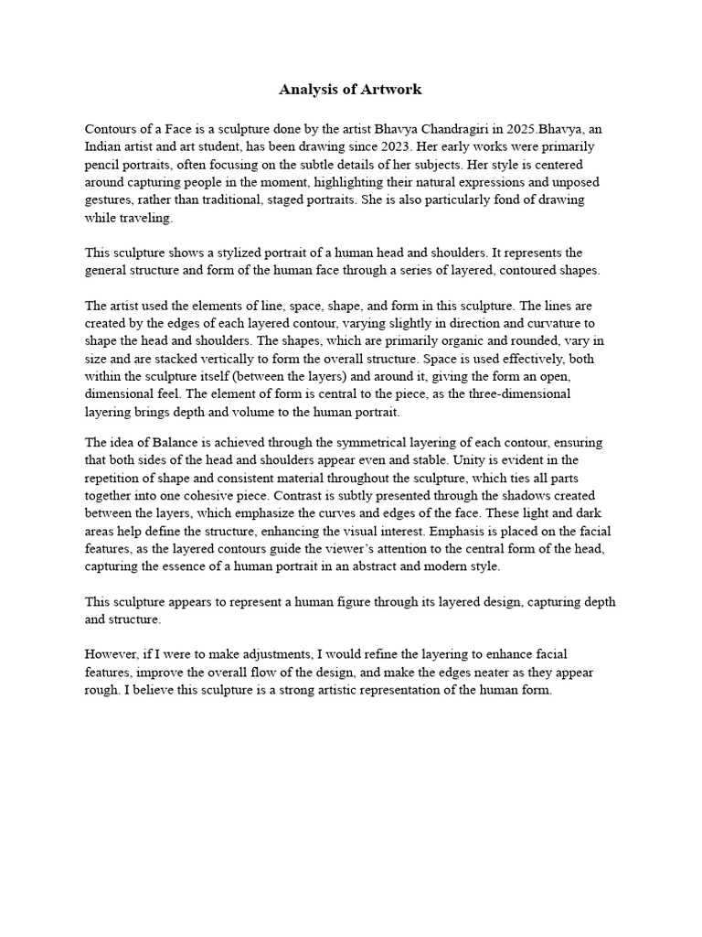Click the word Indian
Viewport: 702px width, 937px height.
click(104, 146)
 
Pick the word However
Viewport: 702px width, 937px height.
click(113, 655)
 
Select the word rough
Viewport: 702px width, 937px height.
click(102, 690)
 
